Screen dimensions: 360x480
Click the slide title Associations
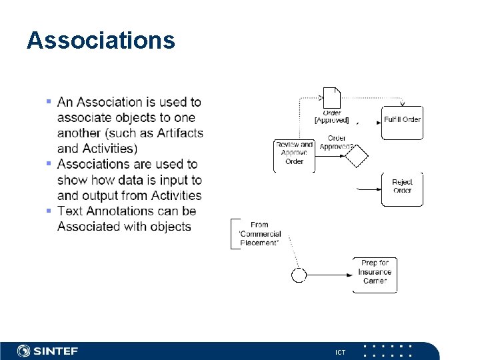tap(101, 41)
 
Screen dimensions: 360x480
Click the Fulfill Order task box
tap(402, 121)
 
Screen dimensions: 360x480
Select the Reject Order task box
tap(402, 187)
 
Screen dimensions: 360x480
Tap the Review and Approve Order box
tap(294, 153)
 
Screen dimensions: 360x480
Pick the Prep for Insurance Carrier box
tap(375, 272)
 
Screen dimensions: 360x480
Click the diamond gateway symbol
tap(356, 157)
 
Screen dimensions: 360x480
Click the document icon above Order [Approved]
tap(331, 97)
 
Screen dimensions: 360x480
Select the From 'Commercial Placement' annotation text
tap(259, 234)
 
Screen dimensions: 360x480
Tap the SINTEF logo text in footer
tap(56, 351)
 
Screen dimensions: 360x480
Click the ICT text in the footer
tap(341, 352)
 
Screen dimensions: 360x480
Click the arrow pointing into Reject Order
tap(369, 189)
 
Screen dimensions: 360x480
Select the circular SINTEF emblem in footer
tap(24, 351)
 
